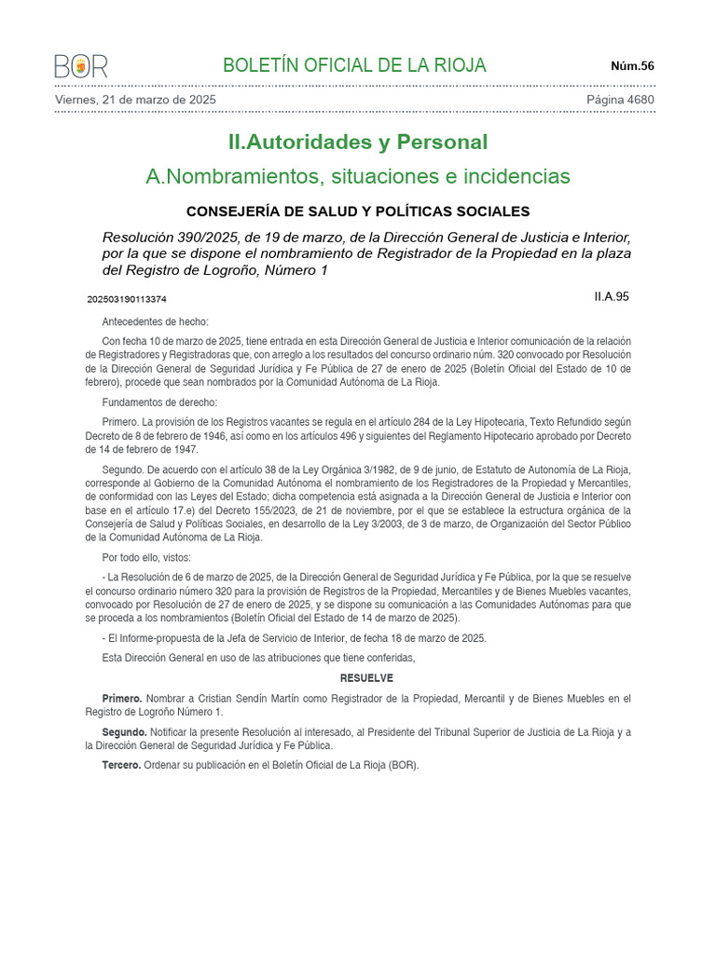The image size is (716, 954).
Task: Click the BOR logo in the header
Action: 81,66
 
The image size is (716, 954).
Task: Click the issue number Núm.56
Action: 632,65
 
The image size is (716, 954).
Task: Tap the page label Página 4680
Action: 620,100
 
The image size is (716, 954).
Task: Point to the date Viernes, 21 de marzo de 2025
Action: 136,100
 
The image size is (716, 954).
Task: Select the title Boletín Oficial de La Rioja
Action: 354,65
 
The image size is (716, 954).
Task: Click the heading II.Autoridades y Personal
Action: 358,143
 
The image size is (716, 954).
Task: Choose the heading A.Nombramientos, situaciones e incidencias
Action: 358,176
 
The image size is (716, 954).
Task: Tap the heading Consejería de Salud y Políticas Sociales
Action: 358,211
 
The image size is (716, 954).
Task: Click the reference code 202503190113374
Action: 127,300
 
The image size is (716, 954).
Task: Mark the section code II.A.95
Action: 612,296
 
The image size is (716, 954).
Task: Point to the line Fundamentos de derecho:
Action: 159,402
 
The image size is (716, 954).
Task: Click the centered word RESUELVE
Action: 366,678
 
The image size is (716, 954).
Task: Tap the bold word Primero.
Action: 122,699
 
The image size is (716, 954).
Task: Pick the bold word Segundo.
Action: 124,732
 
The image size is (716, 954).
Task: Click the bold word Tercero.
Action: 121,766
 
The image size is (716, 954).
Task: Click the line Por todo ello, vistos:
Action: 146,557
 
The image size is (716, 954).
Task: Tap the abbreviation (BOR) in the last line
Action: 403,766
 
